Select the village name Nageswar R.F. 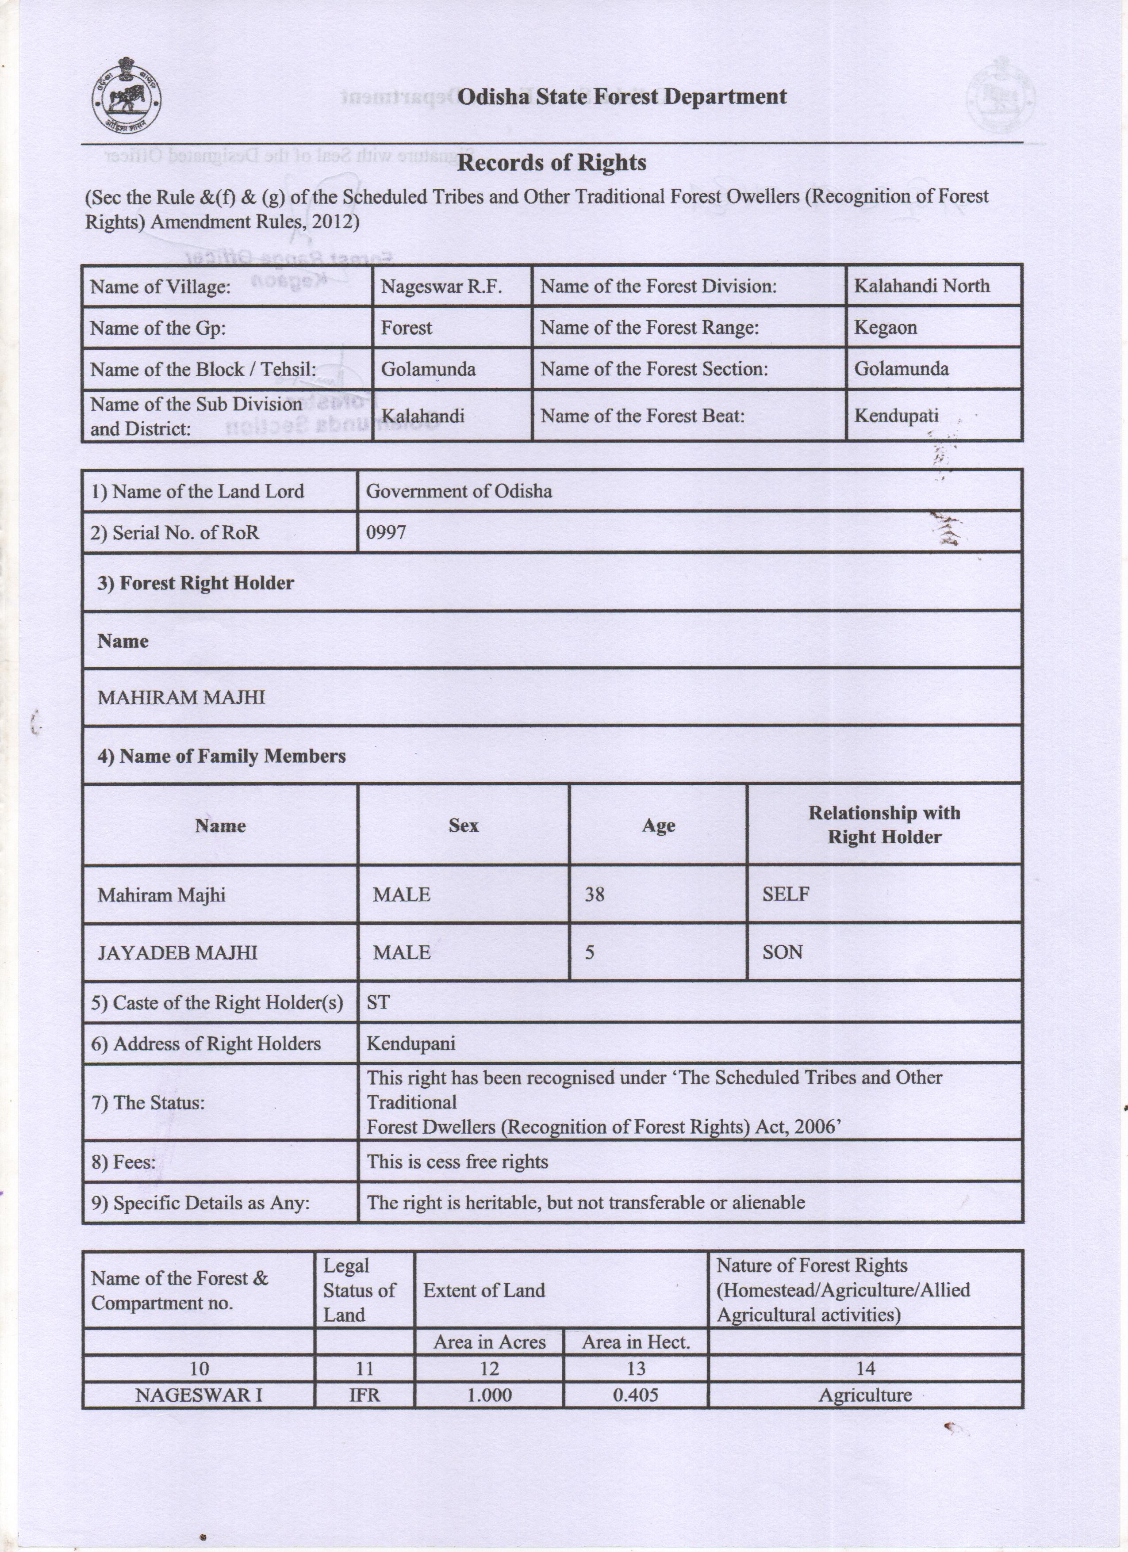[x=441, y=286]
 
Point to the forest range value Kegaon [x=885, y=327]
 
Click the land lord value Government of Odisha [x=459, y=491]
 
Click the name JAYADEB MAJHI [x=177, y=952]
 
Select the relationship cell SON [x=783, y=952]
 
